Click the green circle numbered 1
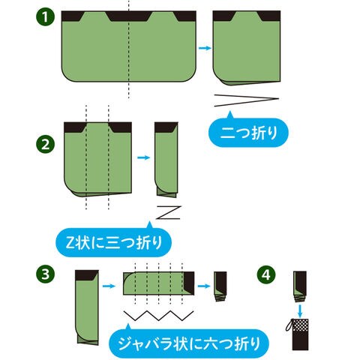(45, 17)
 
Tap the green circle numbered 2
(46, 144)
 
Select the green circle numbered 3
(46, 274)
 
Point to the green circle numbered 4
(266, 275)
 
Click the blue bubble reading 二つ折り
(248, 131)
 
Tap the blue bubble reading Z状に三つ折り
(114, 241)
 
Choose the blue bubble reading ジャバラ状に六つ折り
(189, 343)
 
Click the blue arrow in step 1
(205, 48)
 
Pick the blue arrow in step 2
(144, 157)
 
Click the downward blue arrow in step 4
(300, 310)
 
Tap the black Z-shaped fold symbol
(168, 212)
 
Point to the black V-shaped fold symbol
(247, 100)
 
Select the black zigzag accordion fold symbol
(159, 316)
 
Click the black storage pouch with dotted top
(300, 334)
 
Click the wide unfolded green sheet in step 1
(129, 46)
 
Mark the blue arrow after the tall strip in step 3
(109, 286)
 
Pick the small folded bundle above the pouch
(300, 286)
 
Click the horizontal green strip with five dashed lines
(159, 283)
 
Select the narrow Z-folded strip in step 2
(166, 160)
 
